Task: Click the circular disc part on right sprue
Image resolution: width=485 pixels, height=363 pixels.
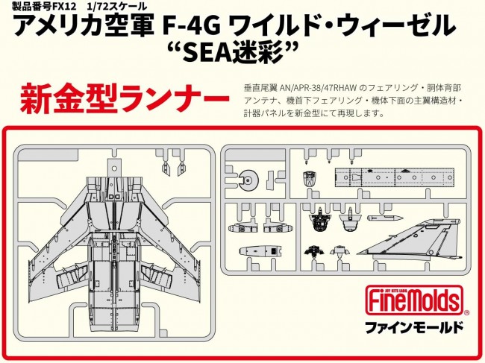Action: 251,178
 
